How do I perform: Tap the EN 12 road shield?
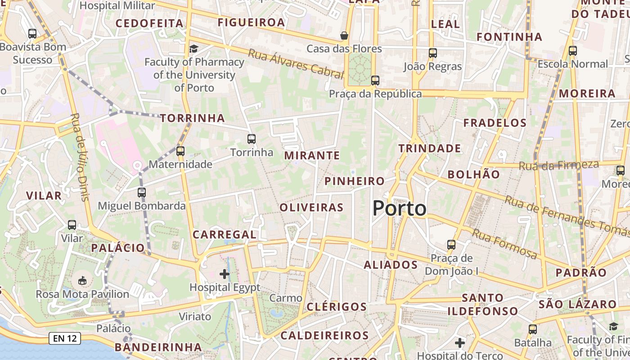65,338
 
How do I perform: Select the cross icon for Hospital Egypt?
225,274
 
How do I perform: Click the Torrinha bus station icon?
252,139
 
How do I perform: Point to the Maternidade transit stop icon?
180,151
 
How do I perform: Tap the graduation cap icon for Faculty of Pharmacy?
193,49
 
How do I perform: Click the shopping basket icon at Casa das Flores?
344,35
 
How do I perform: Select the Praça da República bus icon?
375,81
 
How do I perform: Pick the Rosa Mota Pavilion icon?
82,281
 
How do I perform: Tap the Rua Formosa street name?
504,244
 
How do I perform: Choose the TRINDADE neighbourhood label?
429,148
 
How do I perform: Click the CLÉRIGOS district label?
337,307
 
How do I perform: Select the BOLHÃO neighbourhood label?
474,174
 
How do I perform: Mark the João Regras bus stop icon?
433,53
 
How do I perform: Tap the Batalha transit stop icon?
533,329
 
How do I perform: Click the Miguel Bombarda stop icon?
142,193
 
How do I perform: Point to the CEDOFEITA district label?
149,23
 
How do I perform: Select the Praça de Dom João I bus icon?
451,245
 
